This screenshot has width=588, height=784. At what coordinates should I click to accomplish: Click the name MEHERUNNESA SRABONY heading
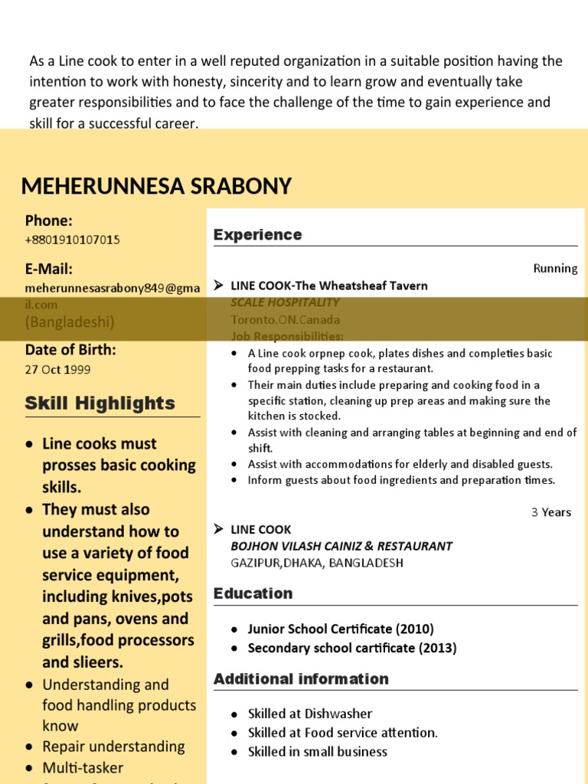tap(156, 186)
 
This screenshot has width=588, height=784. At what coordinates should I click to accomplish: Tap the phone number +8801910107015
tap(72, 240)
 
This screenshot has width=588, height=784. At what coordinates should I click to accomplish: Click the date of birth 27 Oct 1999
tap(57, 369)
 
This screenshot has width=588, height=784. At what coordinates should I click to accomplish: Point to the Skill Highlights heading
tap(100, 403)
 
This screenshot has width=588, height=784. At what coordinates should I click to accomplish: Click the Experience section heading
tap(257, 235)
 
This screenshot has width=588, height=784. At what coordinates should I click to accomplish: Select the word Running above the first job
tap(555, 268)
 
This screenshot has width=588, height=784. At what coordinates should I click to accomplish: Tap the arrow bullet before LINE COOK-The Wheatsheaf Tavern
tap(218, 286)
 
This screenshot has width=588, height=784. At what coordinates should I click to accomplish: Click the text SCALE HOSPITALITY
tap(285, 302)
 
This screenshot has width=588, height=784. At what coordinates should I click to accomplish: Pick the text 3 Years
tap(551, 512)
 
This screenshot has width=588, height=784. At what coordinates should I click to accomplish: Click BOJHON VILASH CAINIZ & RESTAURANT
tap(341, 546)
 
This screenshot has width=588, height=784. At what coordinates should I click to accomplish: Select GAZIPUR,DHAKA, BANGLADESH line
tap(316, 563)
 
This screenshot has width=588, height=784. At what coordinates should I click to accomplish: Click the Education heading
tap(253, 593)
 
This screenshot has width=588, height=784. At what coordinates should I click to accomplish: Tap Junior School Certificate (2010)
tap(341, 629)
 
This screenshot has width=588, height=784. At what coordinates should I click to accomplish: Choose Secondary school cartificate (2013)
tap(351, 648)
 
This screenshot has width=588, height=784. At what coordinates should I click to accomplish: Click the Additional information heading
tap(301, 679)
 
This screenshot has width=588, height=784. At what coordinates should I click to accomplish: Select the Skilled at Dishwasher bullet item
tap(309, 714)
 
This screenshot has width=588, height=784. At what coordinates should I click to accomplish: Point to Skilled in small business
tap(317, 752)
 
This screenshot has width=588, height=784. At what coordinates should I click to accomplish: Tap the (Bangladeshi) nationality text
tap(70, 322)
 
